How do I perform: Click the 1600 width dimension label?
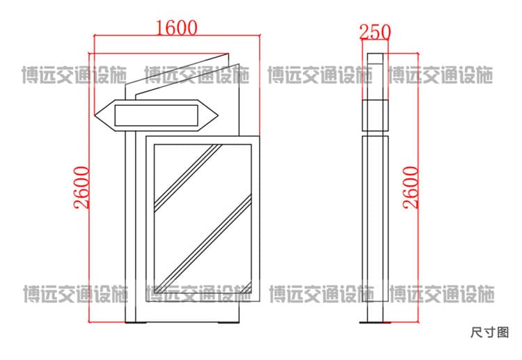coord(177,28)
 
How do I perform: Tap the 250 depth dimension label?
coord(375,32)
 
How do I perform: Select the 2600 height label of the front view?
coord(82,187)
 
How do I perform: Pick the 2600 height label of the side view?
coord(411,187)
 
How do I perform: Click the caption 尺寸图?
coord(489,332)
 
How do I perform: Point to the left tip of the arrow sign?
coord(95,115)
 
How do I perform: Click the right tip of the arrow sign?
coord(218,116)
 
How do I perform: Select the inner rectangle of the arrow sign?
coord(156,116)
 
